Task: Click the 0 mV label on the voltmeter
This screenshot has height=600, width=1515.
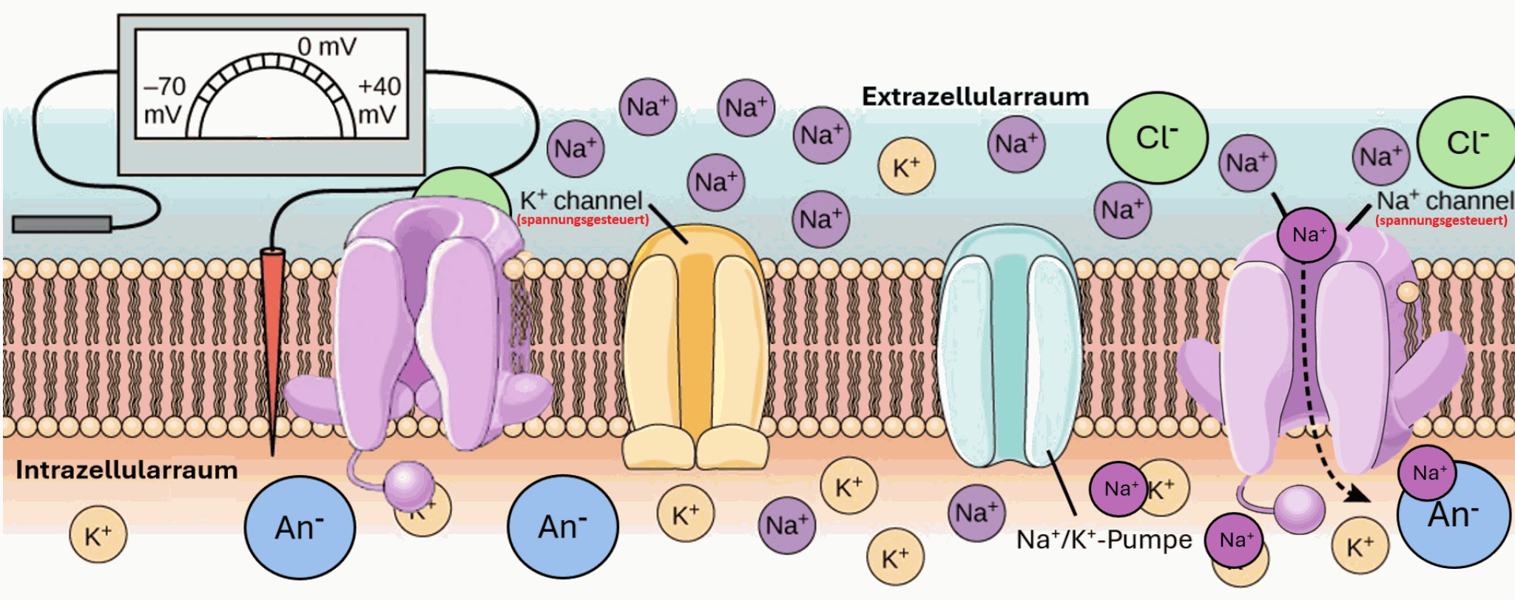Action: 326,47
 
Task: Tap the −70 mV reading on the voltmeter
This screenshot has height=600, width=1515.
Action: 164,100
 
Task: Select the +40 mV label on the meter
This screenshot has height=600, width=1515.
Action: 379,100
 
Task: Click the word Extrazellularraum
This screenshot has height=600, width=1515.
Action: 975,97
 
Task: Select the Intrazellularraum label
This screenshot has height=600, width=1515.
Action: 126,470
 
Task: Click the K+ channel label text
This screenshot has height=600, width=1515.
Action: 581,200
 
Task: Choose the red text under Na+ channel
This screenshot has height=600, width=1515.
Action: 1440,220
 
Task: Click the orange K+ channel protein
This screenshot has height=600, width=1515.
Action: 695,348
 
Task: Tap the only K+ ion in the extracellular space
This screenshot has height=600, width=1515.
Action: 906,166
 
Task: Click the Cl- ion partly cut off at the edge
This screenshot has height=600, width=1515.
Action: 1468,142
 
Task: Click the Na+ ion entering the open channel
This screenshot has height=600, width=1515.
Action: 1306,235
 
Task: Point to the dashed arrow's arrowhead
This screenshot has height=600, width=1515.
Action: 1359,493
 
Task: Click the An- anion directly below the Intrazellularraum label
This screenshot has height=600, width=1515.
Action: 300,527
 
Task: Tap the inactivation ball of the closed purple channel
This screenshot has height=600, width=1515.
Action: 408,485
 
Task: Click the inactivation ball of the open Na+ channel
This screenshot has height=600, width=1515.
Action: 1300,509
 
